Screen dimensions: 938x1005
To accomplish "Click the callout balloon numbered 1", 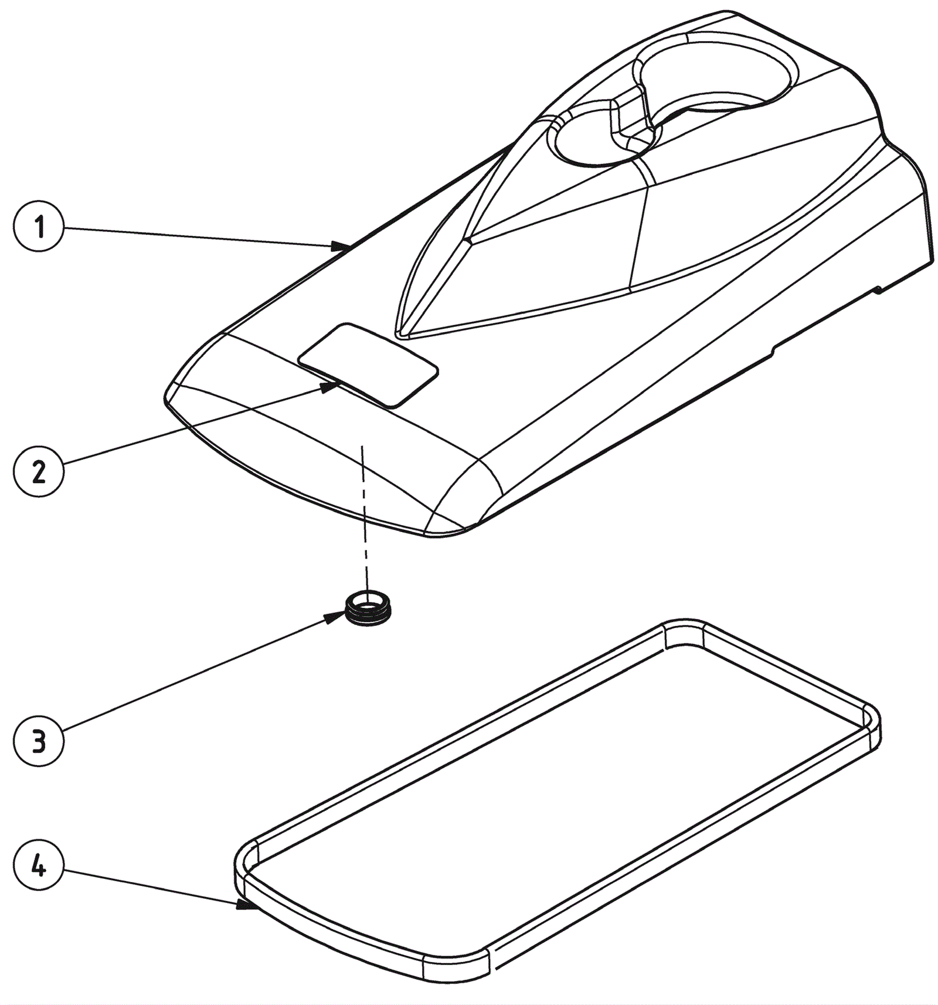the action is pos(39,227).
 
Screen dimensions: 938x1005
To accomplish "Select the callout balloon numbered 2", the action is pos(39,472).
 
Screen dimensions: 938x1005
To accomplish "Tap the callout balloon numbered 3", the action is pos(39,741).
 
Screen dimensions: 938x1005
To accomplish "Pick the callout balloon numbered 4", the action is pos(39,866).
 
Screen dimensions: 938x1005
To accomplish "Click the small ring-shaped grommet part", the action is pos(368,608).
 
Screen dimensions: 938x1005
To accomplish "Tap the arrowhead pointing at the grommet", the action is pos(336,615).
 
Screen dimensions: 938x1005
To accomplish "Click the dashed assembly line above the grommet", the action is pos(365,516).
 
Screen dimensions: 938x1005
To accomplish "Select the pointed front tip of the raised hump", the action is pos(402,334).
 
